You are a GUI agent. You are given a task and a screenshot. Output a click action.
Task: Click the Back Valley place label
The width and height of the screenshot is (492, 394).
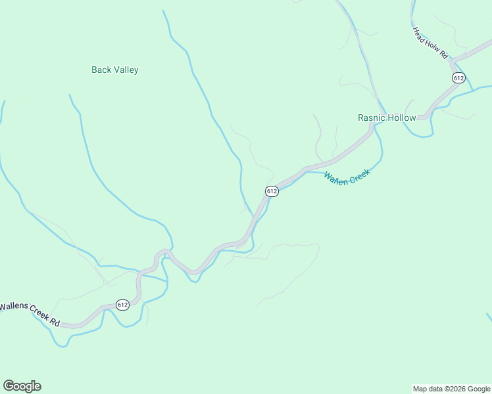click(x=115, y=70)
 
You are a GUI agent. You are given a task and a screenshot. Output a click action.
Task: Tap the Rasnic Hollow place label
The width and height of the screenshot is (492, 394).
click(x=387, y=118)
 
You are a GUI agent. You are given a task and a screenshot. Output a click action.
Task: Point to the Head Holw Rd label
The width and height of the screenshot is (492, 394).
click(x=430, y=43)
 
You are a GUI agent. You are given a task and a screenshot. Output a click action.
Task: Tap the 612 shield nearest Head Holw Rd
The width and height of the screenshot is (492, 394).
click(x=458, y=77)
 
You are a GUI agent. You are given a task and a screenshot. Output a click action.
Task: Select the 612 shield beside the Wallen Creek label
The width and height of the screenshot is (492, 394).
click(x=272, y=191)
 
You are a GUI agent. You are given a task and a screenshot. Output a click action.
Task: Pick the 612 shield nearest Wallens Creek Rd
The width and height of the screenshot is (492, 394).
click(x=122, y=304)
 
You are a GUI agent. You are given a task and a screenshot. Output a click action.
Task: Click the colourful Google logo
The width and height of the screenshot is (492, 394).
click(x=22, y=386)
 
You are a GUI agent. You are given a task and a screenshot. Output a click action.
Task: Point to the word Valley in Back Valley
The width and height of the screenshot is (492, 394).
click(x=125, y=70)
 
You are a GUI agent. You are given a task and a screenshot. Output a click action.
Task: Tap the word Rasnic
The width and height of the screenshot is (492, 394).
click(x=371, y=118)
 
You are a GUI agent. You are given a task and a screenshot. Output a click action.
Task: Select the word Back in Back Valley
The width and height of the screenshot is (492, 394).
click(x=101, y=70)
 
